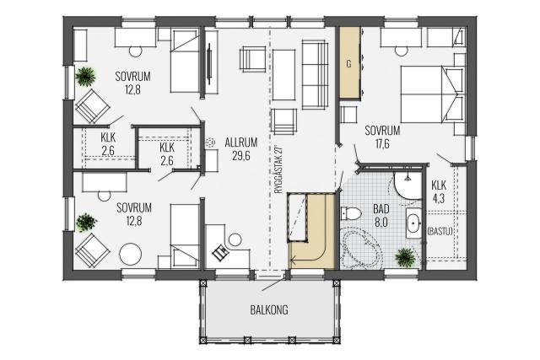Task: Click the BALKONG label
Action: (x=269, y=309)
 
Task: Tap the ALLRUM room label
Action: (x=241, y=142)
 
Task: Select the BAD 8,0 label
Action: (x=381, y=215)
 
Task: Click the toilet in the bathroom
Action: (x=351, y=213)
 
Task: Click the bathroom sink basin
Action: (x=413, y=223)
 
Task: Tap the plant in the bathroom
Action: (x=406, y=257)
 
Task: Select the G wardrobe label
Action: (x=348, y=64)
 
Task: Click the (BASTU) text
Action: (x=440, y=231)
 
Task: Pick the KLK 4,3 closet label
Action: (x=439, y=192)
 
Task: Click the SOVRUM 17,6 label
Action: (x=382, y=137)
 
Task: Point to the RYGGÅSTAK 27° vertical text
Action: (x=279, y=170)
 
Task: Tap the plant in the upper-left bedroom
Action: (x=85, y=77)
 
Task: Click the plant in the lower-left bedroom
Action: (x=86, y=223)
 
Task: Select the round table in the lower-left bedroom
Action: (x=130, y=255)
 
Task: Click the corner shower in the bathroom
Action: (x=408, y=185)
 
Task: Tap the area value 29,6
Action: (x=241, y=156)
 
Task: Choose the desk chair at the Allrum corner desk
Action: (x=219, y=253)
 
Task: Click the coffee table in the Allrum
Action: (x=283, y=75)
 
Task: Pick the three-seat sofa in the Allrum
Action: (x=315, y=75)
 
